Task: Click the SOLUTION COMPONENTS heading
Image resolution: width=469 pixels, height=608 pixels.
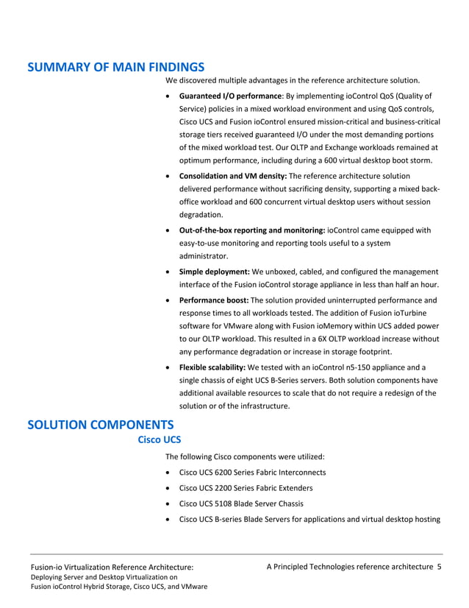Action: (x=100, y=425)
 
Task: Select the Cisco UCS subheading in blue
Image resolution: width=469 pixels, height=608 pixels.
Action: (x=160, y=440)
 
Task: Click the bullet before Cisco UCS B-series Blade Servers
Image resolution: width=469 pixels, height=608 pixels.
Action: (x=171, y=520)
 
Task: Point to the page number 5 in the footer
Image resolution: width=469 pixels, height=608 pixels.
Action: (x=439, y=566)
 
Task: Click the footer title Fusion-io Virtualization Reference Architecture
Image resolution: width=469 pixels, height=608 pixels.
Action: (x=111, y=568)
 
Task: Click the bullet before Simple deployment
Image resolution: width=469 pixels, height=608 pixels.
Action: (x=171, y=272)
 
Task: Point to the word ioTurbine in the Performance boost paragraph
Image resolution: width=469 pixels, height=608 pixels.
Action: (x=409, y=313)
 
